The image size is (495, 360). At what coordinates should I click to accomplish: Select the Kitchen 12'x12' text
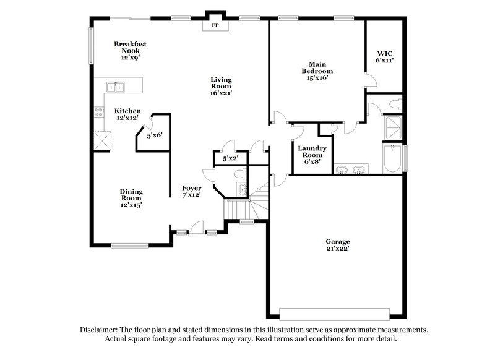128,114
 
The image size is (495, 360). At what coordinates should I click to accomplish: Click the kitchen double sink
116,87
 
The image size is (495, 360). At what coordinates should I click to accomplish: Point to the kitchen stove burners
98,112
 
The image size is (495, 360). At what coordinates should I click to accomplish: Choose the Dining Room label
131,198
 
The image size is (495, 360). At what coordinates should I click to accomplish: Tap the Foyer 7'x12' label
192,191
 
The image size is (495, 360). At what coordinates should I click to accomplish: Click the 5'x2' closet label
230,159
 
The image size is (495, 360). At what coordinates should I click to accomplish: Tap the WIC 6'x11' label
385,58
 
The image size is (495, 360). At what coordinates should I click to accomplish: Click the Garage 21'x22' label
338,245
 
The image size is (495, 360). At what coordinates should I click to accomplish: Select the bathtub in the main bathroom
393,158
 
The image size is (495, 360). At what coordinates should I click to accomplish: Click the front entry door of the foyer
196,230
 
